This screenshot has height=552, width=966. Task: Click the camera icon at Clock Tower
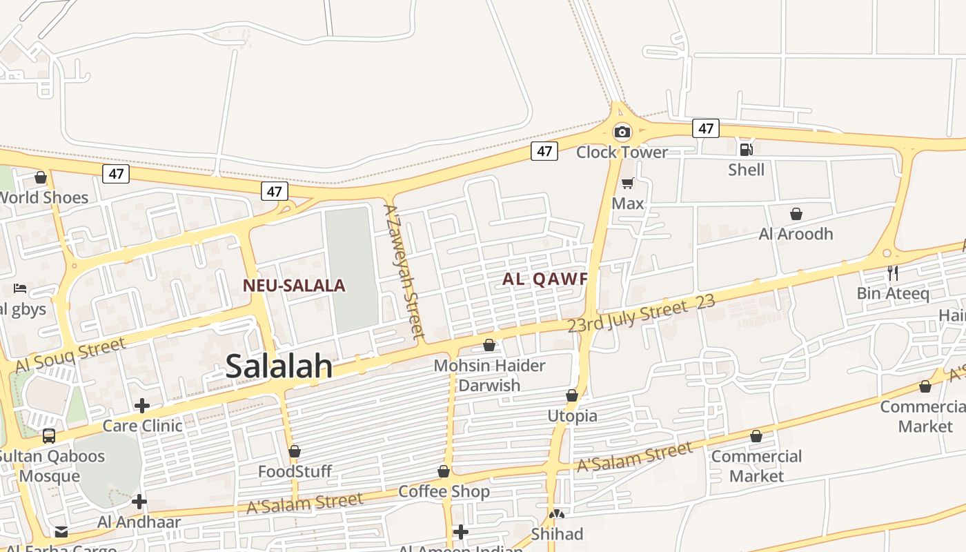(x=622, y=132)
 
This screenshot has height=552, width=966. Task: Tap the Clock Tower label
(x=622, y=152)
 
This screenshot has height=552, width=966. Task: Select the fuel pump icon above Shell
(x=746, y=149)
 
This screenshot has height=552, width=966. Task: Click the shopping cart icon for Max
(x=627, y=183)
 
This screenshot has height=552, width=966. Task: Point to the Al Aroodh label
(x=796, y=234)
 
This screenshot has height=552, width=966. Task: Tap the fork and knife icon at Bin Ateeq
(x=893, y=273)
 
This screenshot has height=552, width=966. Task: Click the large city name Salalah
(x=279, y=366)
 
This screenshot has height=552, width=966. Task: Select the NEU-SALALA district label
(x=294, y=286)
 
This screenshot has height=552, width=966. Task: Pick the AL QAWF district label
(x=545, y=279)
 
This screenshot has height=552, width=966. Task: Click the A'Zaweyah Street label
(x=402, y=270)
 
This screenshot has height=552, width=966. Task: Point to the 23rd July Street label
(x=627, y=316)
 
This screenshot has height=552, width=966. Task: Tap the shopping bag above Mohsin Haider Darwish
(x=489, y=345)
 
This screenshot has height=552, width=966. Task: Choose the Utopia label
(x=572, y=416)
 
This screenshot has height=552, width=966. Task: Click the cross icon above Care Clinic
(x=142, y=406)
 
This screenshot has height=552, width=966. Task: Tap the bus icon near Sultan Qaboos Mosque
(x=48, y=436)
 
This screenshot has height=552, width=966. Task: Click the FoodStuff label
(x=295, y=471)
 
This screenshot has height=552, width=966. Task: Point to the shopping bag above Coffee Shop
(x=444, y=471)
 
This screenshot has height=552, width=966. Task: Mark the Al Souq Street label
(x=69, y=355)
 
